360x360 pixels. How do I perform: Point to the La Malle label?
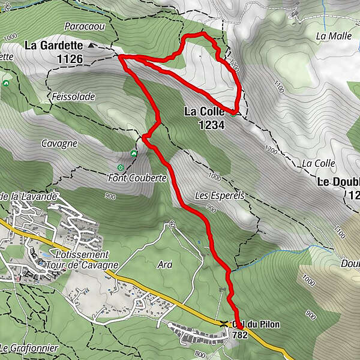(x=334, y=36)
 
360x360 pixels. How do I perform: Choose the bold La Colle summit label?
(x=204, y=112)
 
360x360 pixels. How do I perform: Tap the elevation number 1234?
(x=213, y=125)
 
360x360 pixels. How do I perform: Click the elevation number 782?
(x=239, y=335)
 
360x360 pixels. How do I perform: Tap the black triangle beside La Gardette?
(x=91, y=45)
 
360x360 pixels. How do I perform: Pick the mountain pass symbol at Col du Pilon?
(x=223, y=324)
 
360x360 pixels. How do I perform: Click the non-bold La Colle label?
(x=318, y=163)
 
